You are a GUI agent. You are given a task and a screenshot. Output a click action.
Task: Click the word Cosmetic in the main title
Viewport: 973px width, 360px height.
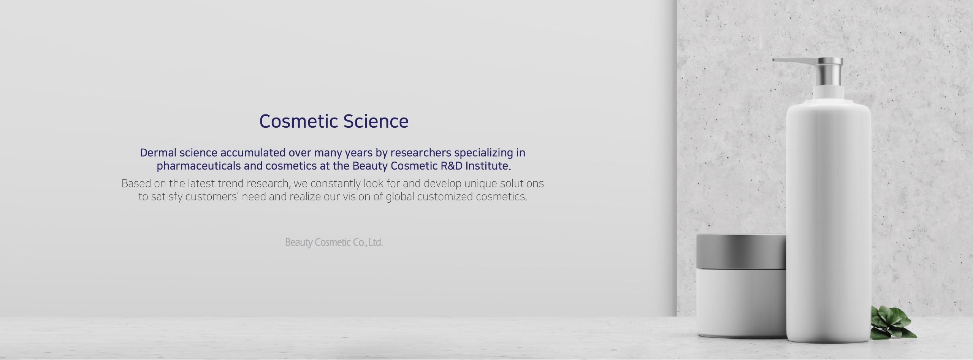(299, 121)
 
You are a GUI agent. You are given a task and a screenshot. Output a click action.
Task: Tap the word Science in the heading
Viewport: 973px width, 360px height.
(376, 121)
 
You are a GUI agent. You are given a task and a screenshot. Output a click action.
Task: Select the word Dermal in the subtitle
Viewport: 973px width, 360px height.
(158, 153)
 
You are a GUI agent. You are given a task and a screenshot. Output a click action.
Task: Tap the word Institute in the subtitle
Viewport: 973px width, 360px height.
(488, 166)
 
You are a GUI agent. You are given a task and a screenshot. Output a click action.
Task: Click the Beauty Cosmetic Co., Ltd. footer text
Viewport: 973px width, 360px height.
(334, 243)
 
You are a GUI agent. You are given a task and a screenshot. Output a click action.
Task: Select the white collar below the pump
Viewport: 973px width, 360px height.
(829, 95)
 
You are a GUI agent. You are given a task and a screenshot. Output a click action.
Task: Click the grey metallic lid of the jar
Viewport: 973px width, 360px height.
(741, 252)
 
